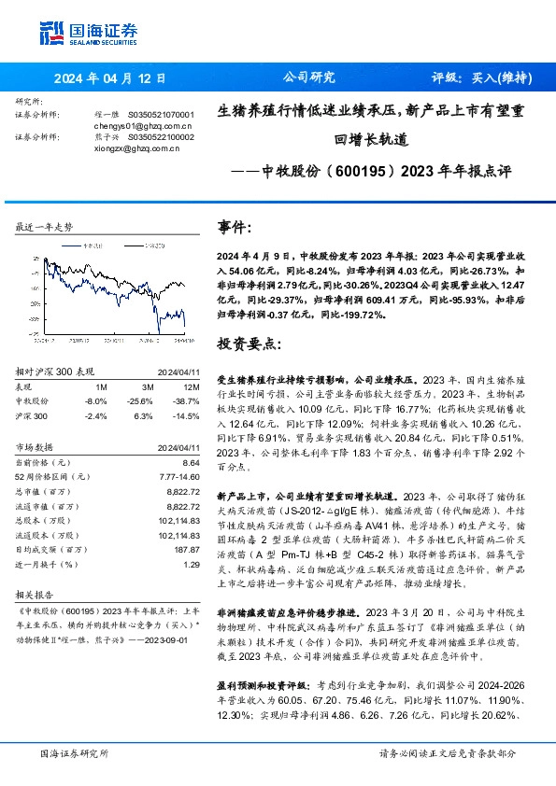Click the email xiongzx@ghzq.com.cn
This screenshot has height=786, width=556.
(x=138, y=147)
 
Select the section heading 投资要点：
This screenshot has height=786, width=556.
(x=248, y=344)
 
